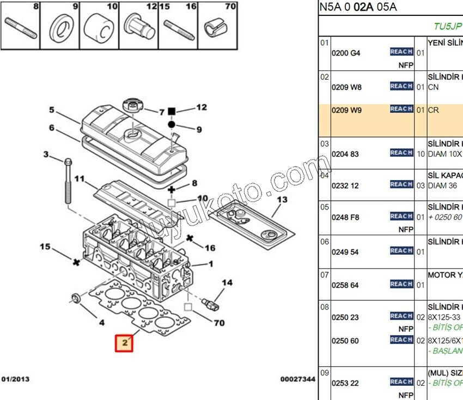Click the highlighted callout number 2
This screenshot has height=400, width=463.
point(124,343)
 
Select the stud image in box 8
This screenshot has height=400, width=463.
point(21,28)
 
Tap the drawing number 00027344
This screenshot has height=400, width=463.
point(297,379)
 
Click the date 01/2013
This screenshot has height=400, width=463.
point(16,379)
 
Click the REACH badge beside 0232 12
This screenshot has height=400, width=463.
point(401,184)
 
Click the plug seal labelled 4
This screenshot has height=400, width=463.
point(76,298)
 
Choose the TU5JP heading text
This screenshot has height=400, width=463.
point(447,26)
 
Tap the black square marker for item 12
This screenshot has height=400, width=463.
point(171,111)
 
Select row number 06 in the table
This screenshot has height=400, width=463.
point(325,242)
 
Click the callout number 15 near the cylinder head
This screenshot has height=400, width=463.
point(45,247)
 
